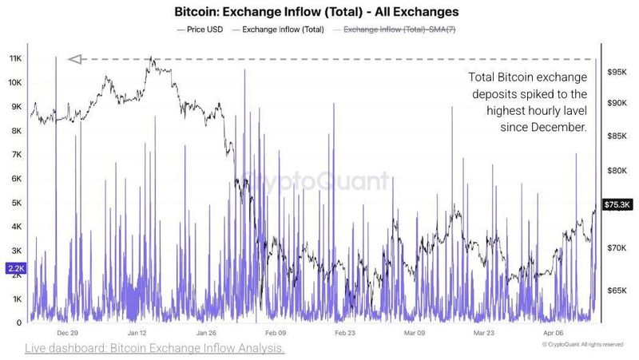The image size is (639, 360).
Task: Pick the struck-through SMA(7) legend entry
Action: click(399, 30)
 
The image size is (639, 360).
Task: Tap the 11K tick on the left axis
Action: click(14, 59)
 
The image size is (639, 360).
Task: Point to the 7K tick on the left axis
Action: click(14, 155)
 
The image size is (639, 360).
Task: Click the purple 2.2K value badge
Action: click(15, 270)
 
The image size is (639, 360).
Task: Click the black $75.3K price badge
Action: click(618, 204)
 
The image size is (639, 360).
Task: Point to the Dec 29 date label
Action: click(67, 333)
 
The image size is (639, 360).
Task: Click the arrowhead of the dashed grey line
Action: click(75, 58)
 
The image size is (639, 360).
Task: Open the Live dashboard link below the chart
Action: click(154, 349)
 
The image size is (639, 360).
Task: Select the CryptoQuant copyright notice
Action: click(581, 344)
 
